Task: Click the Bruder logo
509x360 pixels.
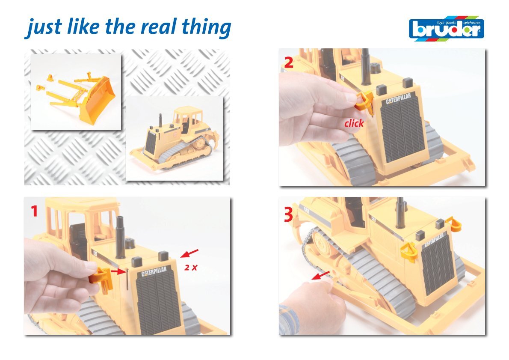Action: pos(447,29)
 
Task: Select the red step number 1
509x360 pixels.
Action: pos(34,211)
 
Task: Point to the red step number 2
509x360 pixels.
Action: pos(288,62)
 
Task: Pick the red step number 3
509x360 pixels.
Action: pos(288,214)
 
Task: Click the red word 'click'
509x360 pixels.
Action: pos(354,123)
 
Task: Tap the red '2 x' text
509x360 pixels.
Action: pos(191,268)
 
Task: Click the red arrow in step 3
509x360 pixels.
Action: pos(321,275)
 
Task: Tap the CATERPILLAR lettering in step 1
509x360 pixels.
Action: pos(154,272)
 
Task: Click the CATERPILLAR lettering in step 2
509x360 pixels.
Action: pos(398,99)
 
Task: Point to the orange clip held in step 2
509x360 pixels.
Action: pos(364,101)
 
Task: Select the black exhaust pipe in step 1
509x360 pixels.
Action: pos(120,237)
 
